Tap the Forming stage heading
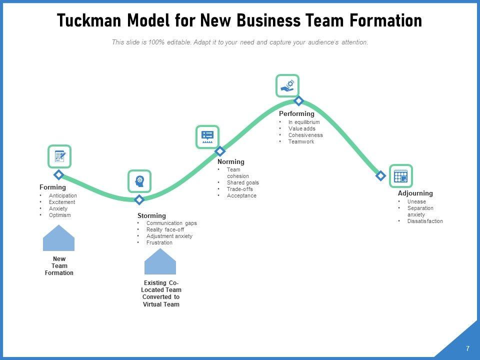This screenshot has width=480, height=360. click(52, 187)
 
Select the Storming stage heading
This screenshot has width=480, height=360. click(151, 216)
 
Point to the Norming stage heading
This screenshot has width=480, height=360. click(231, 161)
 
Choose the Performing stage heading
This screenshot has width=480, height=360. click(296, 114)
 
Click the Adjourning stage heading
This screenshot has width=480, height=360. click(415, 193)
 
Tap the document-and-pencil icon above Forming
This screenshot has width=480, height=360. click(60, 156)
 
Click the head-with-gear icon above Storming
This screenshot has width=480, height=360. click(139, 180)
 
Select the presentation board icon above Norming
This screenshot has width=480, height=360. click(207, 136)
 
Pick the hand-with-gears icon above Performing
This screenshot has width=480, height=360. click(287, 85)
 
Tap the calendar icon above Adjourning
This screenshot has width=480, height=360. click(400, 176)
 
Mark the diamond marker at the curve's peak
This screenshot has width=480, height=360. click(298, 100)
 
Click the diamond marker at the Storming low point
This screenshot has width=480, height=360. click(139, 200)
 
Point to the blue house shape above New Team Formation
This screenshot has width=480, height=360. click(59, 238)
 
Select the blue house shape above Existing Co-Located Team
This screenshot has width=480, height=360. click(160, 262)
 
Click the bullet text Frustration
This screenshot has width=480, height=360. click(159, 242)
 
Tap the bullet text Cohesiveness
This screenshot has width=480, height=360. click(305, 135)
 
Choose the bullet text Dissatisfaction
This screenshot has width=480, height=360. click(425, 221)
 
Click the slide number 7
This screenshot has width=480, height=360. click(467, 348)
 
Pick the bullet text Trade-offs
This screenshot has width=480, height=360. click(240, 189)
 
